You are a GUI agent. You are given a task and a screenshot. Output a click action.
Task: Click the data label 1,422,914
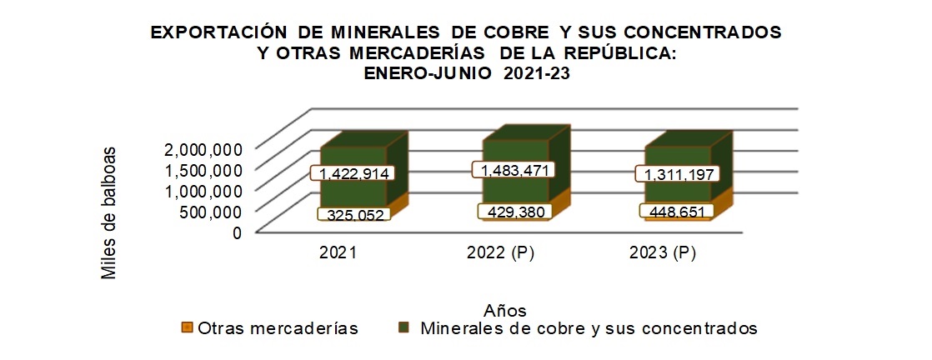click(x=351, y=173)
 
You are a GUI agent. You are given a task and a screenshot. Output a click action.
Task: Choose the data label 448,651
click(x=676, y=212)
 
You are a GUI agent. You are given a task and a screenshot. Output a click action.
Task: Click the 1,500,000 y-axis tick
click(x=204, y=170)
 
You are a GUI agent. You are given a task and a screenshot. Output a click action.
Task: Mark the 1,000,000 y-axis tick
click(x=204, y=191)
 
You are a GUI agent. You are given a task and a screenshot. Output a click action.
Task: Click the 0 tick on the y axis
click(x=237, y=232)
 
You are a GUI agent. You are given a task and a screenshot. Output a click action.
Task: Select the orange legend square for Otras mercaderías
click(x=187, y=328)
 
